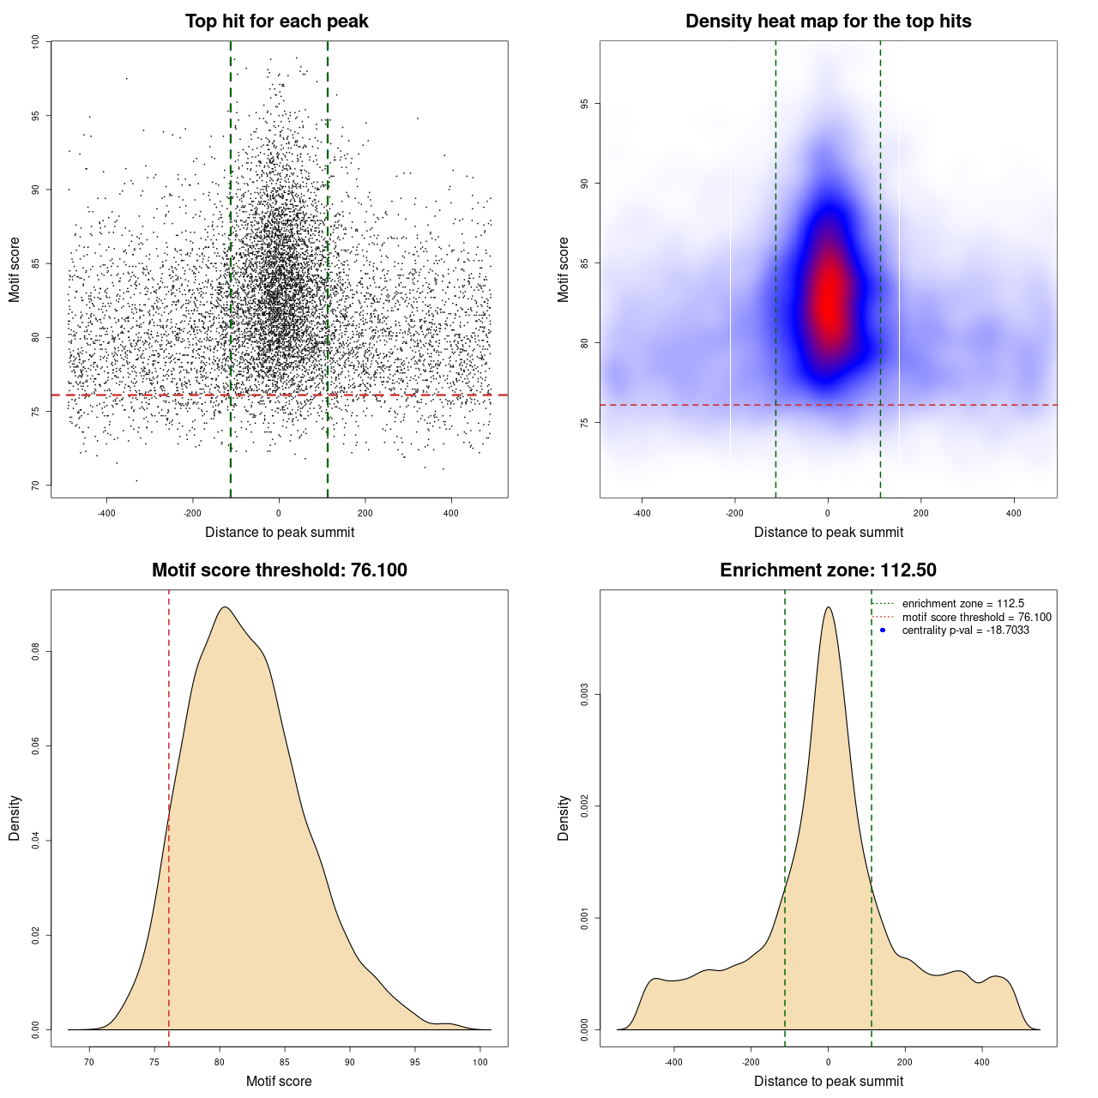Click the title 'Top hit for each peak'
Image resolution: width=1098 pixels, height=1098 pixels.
click(276, 21)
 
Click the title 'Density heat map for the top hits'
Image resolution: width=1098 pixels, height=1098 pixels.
click(828, 21)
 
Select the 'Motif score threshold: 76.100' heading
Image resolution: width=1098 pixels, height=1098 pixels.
click(279, 570)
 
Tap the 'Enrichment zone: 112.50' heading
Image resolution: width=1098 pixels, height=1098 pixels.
click(828, 570)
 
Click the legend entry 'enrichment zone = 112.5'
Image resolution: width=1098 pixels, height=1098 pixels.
click(962, 604)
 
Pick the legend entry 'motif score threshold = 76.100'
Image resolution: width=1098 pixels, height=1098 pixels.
click(976, 618)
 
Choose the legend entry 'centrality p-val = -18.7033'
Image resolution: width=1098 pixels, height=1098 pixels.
click(965, 630)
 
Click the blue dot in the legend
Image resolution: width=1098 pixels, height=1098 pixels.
click(883, 630)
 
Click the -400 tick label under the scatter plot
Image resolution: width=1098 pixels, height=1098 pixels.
click(106, 513)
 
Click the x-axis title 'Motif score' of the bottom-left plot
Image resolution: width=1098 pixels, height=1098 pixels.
click(279, 1081)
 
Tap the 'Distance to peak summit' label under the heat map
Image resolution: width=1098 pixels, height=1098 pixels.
click(828, 532)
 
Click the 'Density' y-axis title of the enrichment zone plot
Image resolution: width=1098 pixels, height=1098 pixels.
click(564, 817)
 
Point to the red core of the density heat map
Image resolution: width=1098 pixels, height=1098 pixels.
click(829, 300)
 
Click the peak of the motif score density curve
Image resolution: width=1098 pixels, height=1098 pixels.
click(224, 607)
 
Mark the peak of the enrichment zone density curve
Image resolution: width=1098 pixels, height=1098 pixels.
click(828, 607)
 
